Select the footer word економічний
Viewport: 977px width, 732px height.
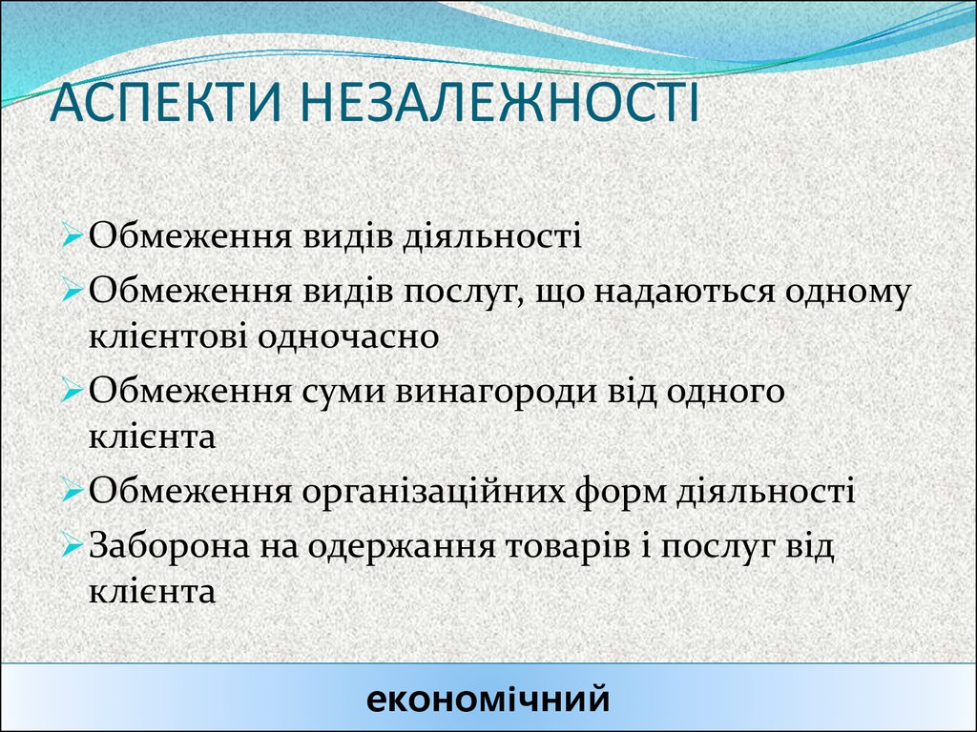488,700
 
